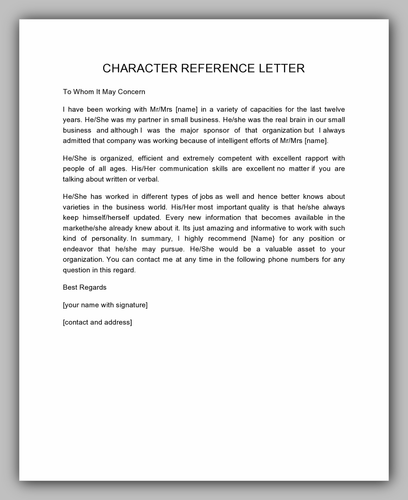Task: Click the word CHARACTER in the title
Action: (x=140, y=68)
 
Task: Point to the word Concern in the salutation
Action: (x=132, y=92)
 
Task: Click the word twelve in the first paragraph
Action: (x=334, y=110)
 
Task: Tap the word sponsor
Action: (x=216, y=130)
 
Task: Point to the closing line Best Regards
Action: (x=85, y=287)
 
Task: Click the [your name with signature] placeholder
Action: (x=105, y=305)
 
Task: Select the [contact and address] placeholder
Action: (x=97, y=322)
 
